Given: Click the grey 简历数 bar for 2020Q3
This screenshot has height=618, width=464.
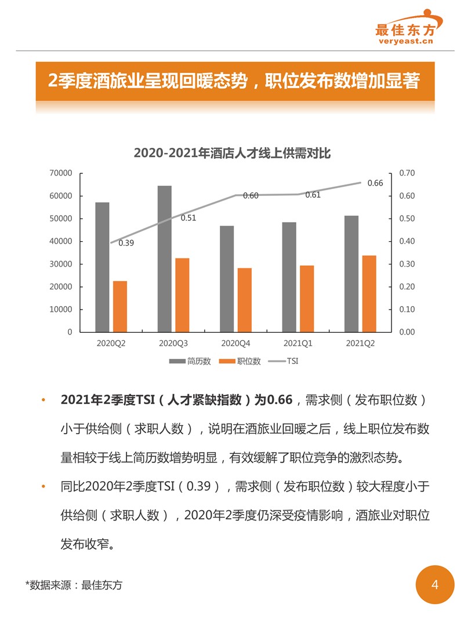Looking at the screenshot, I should [165, 259].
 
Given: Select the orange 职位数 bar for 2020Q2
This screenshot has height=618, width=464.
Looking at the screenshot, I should [120, 306].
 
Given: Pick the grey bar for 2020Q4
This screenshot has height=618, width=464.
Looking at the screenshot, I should [227, 278].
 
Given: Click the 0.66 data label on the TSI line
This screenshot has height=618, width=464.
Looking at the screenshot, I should [375, 183].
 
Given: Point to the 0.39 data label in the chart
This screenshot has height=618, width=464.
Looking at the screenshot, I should [126, 243].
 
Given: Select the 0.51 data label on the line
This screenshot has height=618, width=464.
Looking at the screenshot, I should [188, 219].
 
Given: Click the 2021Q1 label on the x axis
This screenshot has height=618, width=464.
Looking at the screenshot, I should [298, 343].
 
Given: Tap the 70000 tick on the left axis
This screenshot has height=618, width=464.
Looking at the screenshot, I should [60, 173].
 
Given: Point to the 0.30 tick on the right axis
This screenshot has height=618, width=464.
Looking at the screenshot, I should [407, 264].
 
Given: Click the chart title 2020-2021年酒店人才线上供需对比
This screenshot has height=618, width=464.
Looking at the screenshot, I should [232, 153].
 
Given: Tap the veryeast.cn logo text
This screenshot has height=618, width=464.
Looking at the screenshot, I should [406, 41].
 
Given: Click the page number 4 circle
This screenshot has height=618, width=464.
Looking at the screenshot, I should [435, 585].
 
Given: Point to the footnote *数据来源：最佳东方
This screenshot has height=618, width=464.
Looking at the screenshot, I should [74, 586].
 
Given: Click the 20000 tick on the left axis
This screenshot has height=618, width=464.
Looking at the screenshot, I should [60, 287].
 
